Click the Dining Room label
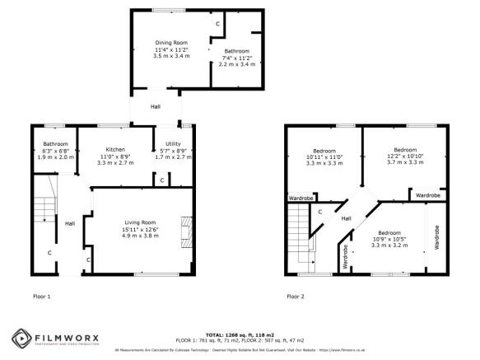click(x=171, y=42)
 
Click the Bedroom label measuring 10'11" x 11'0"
click(x=324, y=151)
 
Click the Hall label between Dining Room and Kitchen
click(x=156, y=108)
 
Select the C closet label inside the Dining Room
click(x=217, y=25)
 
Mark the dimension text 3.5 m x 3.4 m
click(x=171, y=55)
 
